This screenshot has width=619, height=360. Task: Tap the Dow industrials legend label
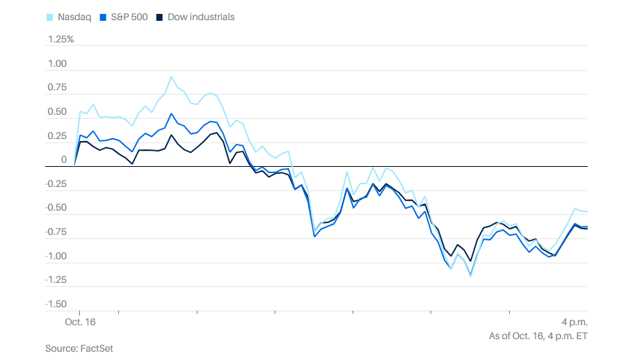tap(201, 17)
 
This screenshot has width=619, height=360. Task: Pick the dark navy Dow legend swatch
tap(161, 17)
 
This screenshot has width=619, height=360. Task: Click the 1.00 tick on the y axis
tap(57, 64)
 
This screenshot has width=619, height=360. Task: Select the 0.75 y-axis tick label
tap(57, 88)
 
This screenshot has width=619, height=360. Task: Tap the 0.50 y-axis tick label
tap(57, 112)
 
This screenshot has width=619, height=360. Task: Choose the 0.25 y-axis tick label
tap(57, 136)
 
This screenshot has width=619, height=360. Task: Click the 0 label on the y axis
tap(64, 160)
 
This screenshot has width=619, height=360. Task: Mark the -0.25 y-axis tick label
tap(56, 184)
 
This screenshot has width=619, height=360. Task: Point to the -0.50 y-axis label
tap(56, 208)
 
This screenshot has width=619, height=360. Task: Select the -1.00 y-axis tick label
tap(56, 256)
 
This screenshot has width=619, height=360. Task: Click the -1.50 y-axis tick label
tap(56, 304)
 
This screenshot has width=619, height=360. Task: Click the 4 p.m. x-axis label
tap(574, 322)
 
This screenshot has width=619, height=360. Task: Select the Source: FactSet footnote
tap(79, 347)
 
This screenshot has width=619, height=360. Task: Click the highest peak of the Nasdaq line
tap(171, 77)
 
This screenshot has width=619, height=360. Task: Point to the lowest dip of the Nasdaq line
tap(471, 276)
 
